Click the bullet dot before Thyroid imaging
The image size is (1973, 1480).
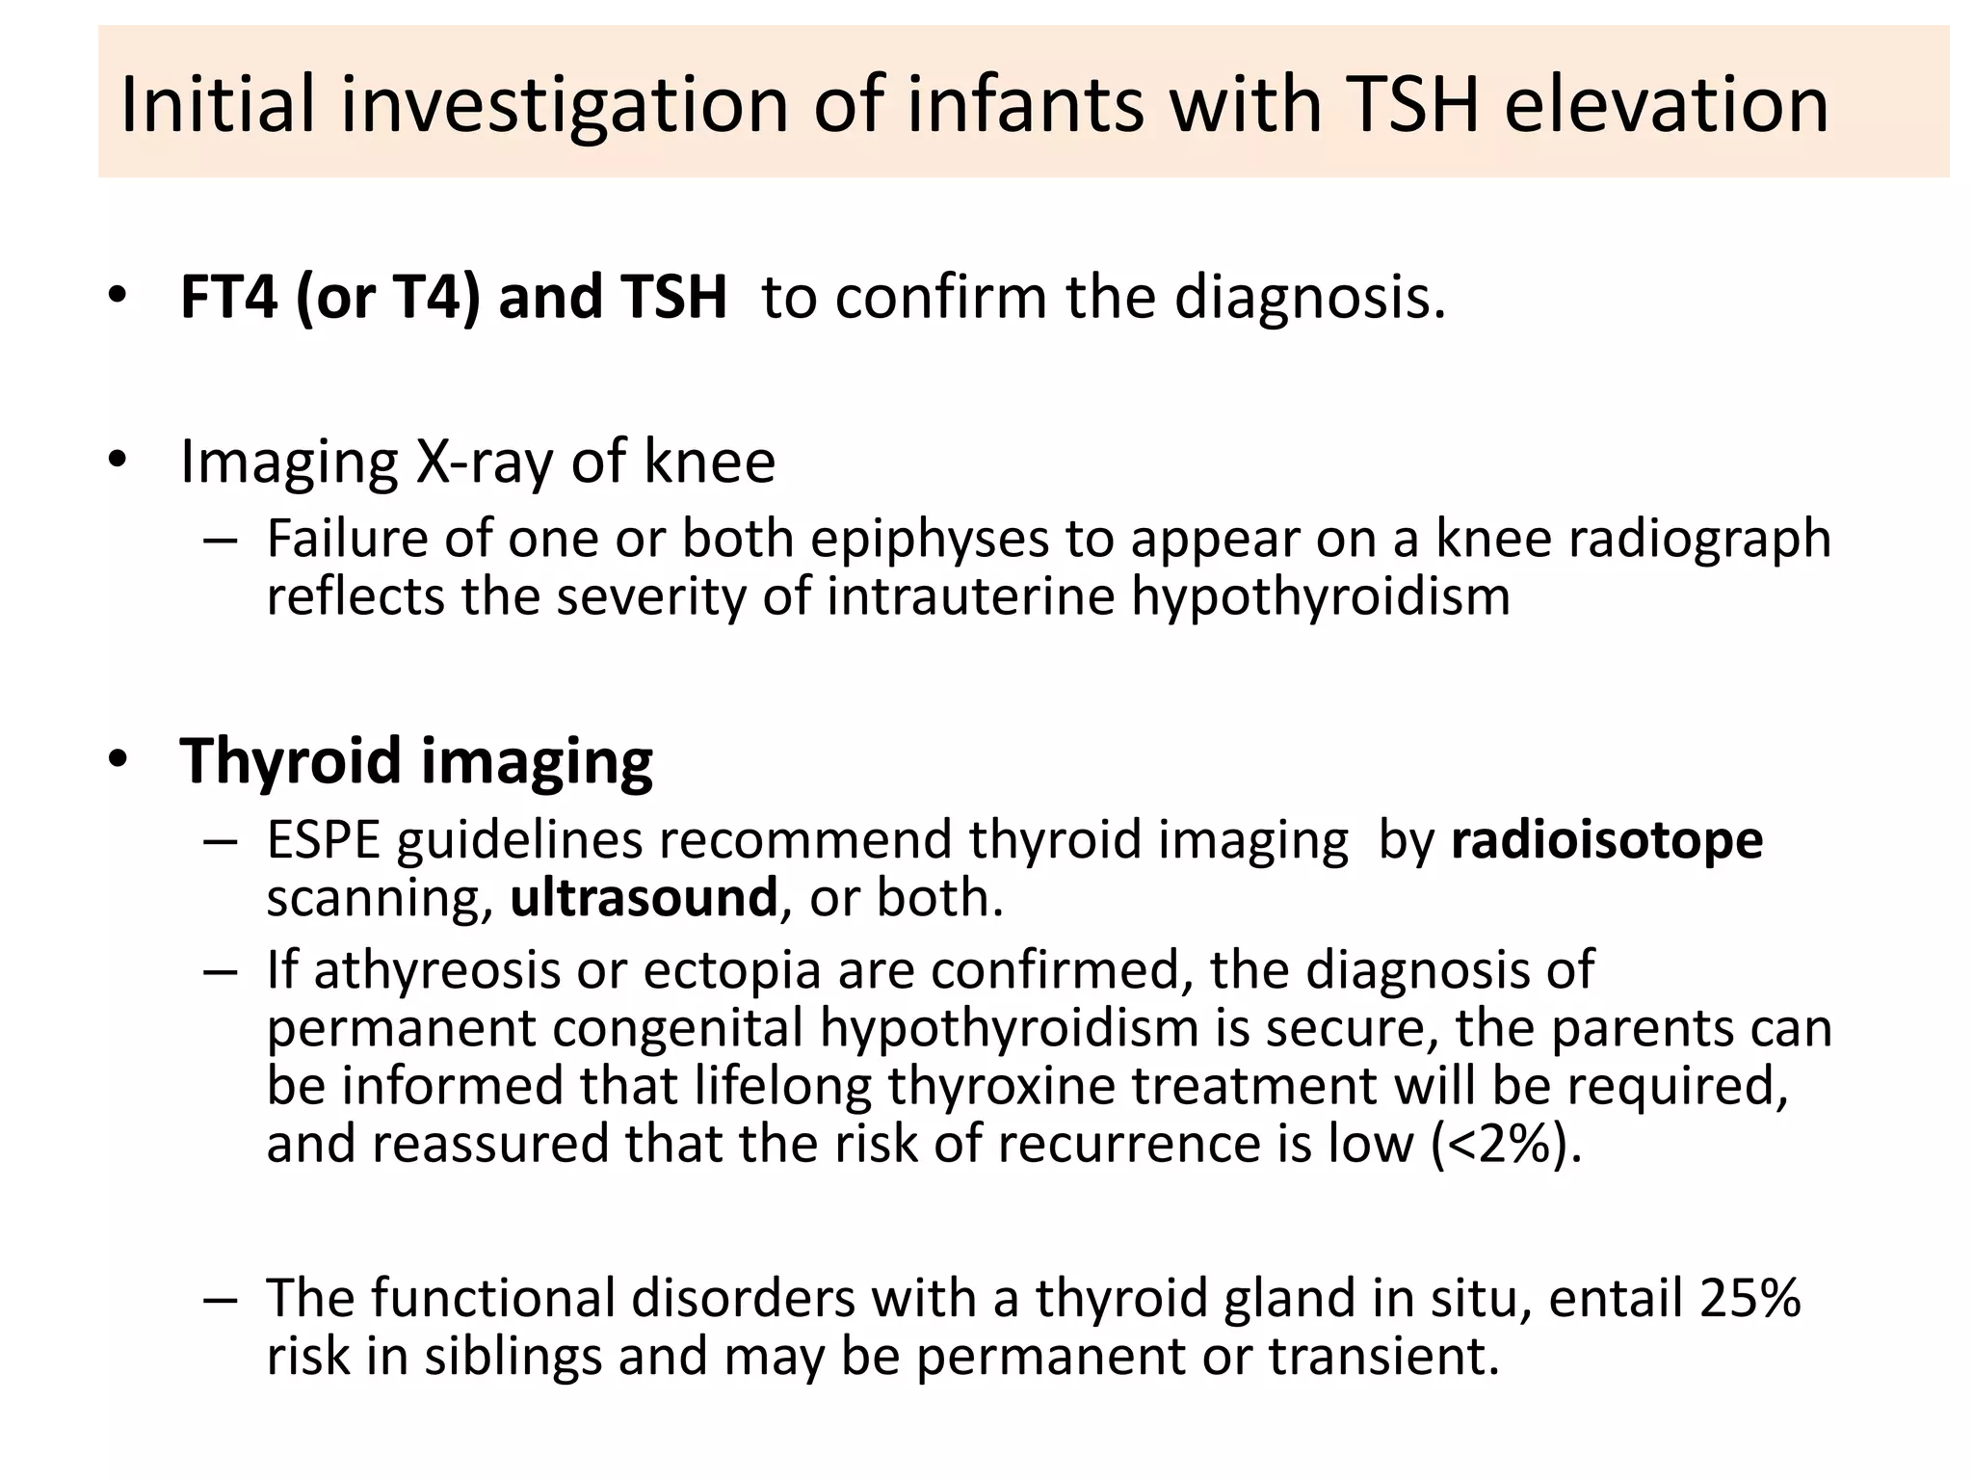(x=118, y=760)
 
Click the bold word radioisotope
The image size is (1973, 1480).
(x=1607, y=839)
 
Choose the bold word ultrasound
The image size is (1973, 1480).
(x=643, y=897)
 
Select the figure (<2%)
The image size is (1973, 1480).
(x=1507, y=1144)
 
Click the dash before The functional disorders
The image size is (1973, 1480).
(x=220, y=1299)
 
